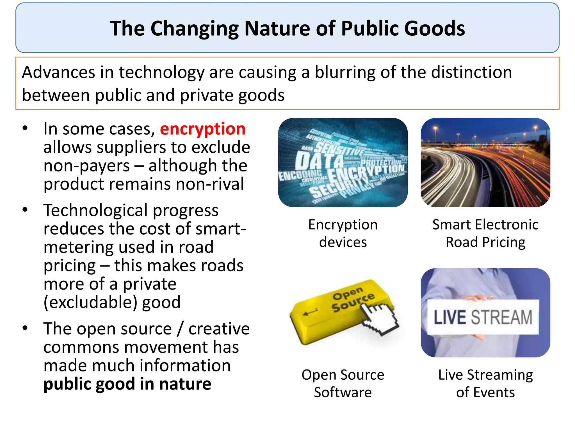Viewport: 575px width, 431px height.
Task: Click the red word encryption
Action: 202,129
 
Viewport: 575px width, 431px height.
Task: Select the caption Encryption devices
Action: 343,233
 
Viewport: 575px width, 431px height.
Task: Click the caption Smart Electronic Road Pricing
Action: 485,233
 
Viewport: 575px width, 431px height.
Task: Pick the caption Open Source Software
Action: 343,383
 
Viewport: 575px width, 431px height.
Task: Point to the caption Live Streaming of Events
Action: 485,383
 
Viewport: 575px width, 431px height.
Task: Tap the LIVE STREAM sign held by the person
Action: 483,317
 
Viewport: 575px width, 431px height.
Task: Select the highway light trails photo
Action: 485,163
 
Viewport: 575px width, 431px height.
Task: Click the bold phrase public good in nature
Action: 127,384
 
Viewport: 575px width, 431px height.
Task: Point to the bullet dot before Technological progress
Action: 25,210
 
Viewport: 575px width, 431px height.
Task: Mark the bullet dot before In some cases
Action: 25,128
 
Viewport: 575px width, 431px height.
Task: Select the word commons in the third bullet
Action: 81,347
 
